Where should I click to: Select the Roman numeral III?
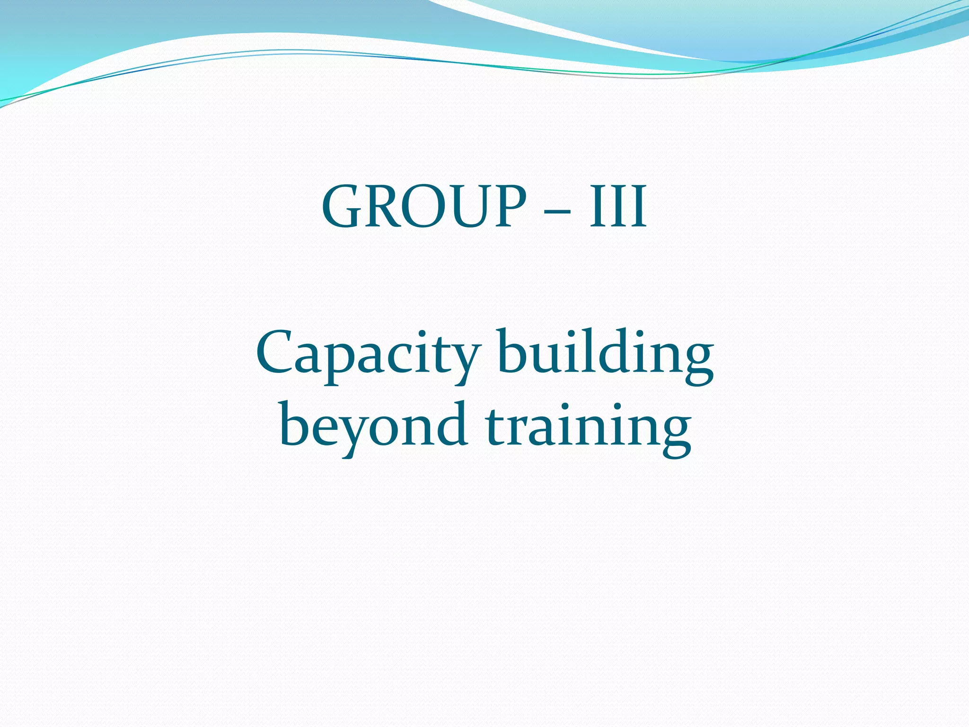(x=617, y=207)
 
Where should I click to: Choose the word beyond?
(x=373, y=426)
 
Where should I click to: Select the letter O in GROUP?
(x=421, y=207)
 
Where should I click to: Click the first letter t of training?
(x=494, y=426)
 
